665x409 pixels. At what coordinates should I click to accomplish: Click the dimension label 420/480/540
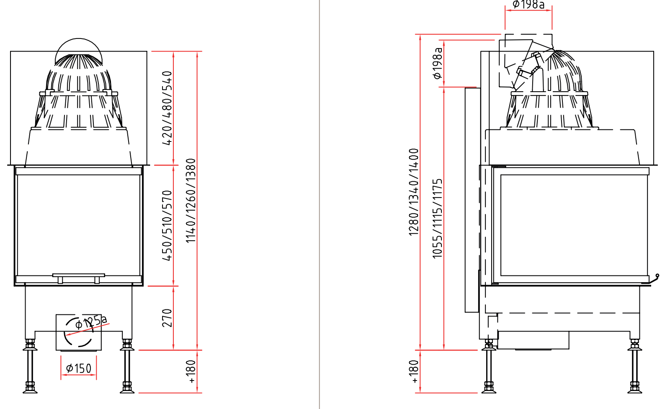pyautogui.click(x=167, y=108)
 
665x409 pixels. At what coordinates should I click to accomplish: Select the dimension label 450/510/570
pyautogui.click(x=167, y=226)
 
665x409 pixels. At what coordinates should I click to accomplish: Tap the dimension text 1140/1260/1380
pyautogui.click(x=191, y=201)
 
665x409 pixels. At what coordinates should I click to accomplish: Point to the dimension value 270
pyautogui.click(x=167, y=318)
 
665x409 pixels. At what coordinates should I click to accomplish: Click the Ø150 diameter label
pyautogui.click(x=79, y=369)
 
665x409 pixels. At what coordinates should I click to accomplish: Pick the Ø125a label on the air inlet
pyautogui.click(x=91, y=322)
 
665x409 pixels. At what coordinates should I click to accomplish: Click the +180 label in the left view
pyautogui.click(x=191, y=372)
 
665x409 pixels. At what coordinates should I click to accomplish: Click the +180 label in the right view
pyautogui.click(x=414, y=372)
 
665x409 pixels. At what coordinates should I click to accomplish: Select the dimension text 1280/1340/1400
pyautogui.click(x=414, y=192)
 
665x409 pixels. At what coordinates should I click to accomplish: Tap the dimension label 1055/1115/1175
pyautogui.click(x=437, y=219)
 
